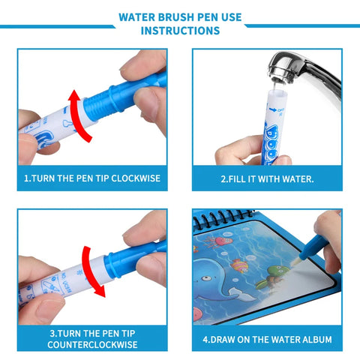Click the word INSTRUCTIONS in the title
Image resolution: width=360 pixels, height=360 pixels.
(x=180, y=31)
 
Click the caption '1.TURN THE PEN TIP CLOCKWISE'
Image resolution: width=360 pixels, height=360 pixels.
(x=93, y=180)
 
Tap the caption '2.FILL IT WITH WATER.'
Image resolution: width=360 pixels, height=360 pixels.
(x=266, y=180)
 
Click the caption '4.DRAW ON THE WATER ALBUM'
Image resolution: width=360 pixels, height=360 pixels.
(x=266, y=338)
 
